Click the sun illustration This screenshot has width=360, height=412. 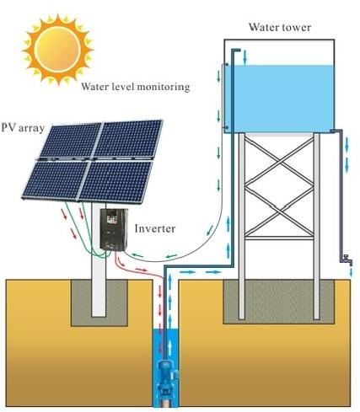coord(58,50)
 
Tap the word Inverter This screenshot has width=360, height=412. coord(155,228)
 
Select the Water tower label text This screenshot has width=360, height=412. coord(280,27)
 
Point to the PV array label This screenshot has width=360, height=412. coord(23,128)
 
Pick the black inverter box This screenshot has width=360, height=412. coord(114,229)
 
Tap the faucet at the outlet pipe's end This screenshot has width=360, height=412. coord(347,260)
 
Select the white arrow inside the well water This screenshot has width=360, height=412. coord(169,347)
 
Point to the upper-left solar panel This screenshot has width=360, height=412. coord(71,141)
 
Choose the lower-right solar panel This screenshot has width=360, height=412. coord(115,182)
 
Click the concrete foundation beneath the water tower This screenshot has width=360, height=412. coord(279,302)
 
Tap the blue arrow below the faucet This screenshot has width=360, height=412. coord(351,272)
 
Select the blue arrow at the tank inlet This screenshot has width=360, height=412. coord(244,57)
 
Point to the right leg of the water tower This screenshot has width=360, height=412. coord(317,226)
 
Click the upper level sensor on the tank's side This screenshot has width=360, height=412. coord(226,65)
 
